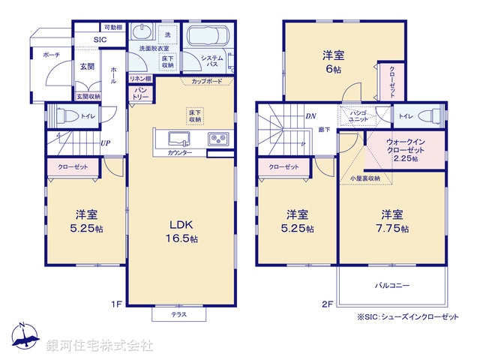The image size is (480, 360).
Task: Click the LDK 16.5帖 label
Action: pos(182,231)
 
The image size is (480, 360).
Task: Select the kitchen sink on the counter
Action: pos(179,138)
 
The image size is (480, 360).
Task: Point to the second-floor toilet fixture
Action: pos(430,116)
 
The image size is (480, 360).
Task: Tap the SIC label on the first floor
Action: pos(99,40)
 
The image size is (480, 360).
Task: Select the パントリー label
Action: pos(142,94)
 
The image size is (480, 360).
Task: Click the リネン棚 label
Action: pos(140,79)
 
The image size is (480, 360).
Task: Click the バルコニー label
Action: pos(391,286)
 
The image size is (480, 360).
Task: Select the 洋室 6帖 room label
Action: pos(333,61)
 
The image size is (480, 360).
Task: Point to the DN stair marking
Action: pos(310,115)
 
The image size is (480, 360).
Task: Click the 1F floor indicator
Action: pos(116,304)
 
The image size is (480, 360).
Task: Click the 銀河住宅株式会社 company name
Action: pos(100,346)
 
